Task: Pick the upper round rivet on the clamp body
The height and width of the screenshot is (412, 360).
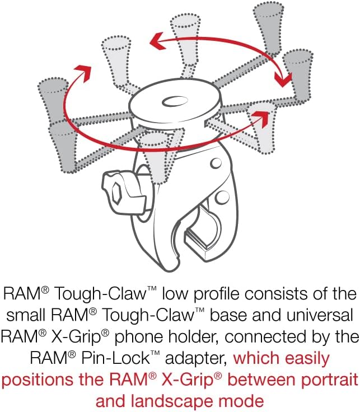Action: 213,163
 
